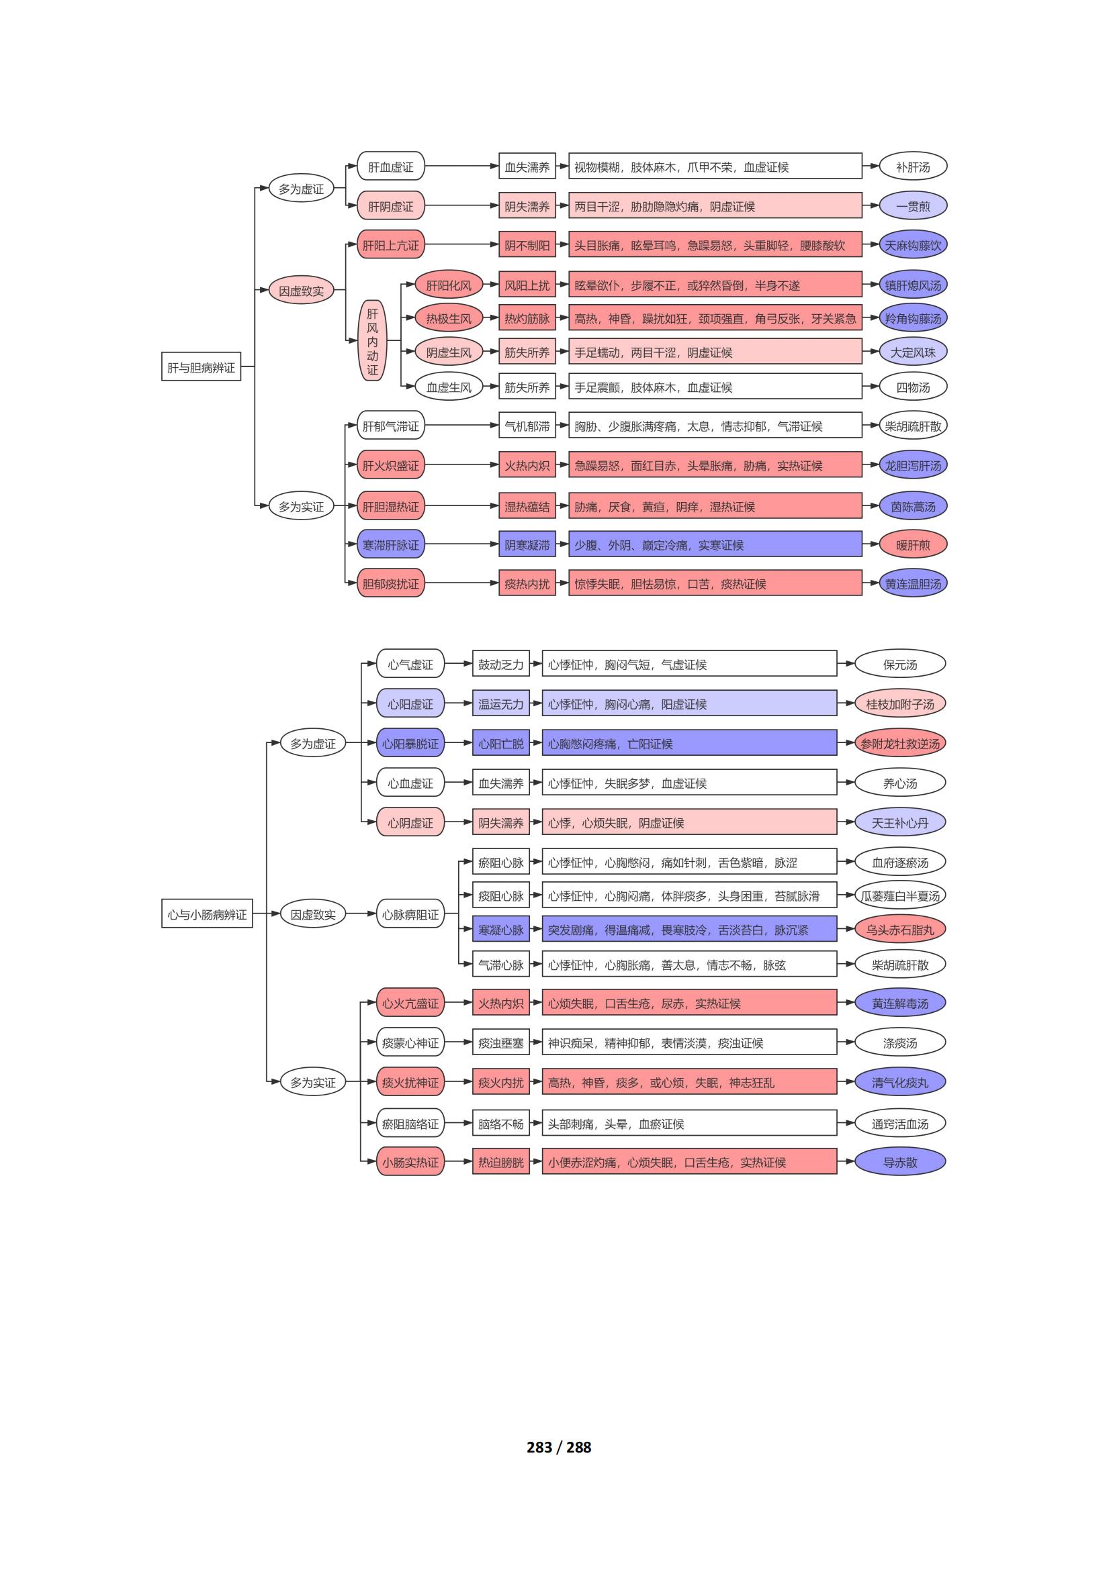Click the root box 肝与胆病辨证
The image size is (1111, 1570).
tap(201, 367)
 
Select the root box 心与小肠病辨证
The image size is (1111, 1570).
tap(208, 914)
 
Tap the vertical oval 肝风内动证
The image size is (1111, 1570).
tap(372, 340)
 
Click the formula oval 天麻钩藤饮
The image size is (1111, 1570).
tap(913, 245)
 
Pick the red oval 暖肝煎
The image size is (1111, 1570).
tap(913, 544)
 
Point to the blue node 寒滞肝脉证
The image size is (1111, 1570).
tap(391, 544)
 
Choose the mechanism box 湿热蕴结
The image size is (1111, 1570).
tap(527, 506)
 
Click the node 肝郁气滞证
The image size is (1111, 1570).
tap(391, 426)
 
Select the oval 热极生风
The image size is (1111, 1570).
tap(449, 318)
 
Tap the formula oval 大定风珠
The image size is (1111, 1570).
tap(913, 352)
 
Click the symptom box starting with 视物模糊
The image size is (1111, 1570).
tap(715, 166)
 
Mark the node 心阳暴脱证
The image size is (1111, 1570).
tap(410, 743)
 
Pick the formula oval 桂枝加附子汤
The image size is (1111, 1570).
tap(899, 703)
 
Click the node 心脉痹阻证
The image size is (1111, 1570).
tap(410, 914)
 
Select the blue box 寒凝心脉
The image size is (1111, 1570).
tap(501, 929)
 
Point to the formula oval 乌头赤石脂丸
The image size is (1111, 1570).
tap(899, 929)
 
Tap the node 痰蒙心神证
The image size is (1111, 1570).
tap(410, 1042)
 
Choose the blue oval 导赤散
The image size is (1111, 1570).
tap(899, 1162)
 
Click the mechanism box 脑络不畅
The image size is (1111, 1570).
tap(501, 1123)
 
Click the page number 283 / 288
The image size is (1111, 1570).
tap(559, 1446)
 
